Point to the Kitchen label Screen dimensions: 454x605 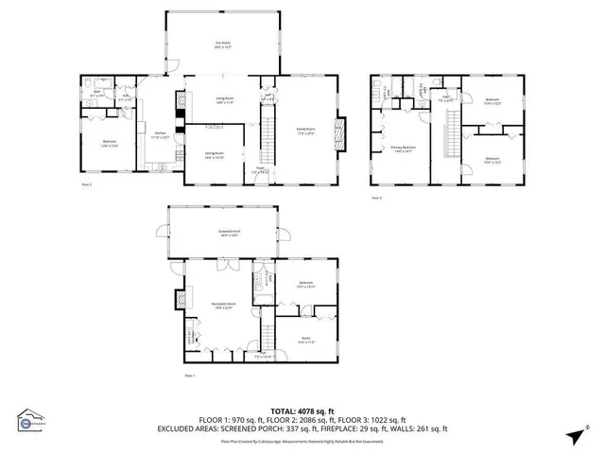[162, 135]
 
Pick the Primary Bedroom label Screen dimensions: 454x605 [404, 148]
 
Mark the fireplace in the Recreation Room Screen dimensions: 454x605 [178, 300]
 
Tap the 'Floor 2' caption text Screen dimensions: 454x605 [86, 185]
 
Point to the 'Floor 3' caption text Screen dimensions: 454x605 [375, 198]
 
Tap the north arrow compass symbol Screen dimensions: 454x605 [574, 434]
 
